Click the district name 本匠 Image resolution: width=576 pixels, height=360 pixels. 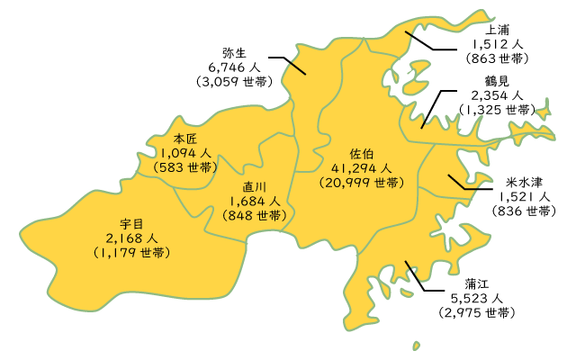click(x=184, y=139)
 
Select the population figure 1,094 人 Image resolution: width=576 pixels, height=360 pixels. click(x=184, y=153)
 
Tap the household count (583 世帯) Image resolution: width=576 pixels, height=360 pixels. click(x=184, y=167)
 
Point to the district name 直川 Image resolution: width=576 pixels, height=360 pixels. click(x=255, y=186)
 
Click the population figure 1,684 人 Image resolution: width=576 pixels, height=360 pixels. click(x=255, y=201)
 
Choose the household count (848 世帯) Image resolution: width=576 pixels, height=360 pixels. click(x=255, y=216)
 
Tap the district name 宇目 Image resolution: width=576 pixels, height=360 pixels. click(x=131, y=223)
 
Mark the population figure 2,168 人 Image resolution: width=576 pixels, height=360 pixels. click(x=131, y=238)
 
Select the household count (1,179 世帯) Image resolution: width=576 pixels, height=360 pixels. click(x=131, y=253)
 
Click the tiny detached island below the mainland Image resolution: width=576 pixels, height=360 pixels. click(x=416, y=345)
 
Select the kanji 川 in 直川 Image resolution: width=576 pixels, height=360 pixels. click(x=261, y=186)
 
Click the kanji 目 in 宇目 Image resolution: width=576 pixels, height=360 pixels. click(x=138, y=223)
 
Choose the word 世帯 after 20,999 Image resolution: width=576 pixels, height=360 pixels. click(x=387, y=183)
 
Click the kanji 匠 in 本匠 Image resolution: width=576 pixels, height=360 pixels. click(x=191, y=139)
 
